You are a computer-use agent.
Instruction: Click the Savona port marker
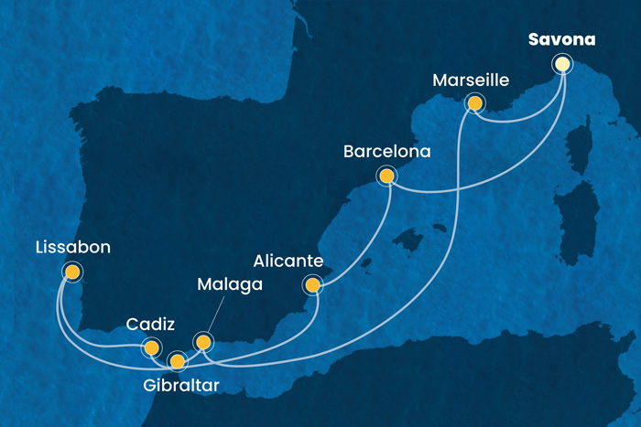tap(562, 64)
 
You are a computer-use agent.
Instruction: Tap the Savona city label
tap(561, 40)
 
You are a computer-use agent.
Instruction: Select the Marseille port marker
tap(474, 102)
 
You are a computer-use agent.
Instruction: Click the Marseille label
tap(470, 80)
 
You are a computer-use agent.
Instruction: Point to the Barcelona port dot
tap(386, 176)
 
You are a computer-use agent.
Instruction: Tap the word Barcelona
tap(386, 151)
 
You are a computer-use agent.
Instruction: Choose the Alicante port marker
tap(313, 285)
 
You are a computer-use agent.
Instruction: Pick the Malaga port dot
tap(203, 342)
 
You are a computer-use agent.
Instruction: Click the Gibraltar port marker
tap(177, 359)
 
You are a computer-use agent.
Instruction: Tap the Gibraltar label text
tap(181, 387)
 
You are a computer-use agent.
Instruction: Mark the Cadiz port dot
tap(150, 347)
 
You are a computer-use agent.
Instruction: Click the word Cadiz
tap(147, 324)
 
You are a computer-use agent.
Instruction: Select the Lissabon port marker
tap(71, 272)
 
